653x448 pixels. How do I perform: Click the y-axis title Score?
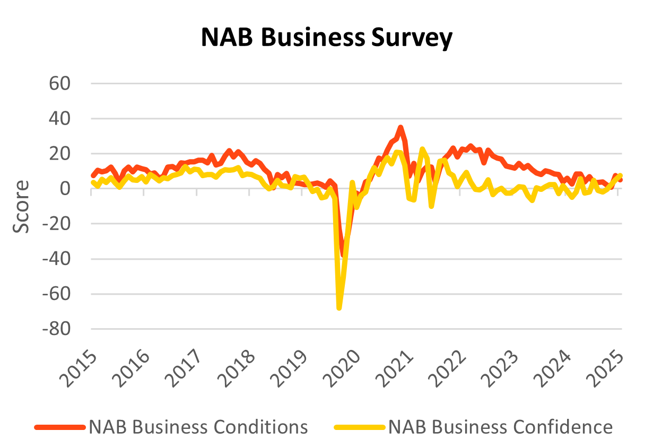pos(22,206)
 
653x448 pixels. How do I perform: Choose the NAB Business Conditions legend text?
pos(198,427)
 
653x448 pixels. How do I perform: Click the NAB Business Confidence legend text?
pos(500,427)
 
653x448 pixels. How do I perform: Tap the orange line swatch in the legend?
pos(59,427)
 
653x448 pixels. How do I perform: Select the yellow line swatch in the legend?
pos(359,427)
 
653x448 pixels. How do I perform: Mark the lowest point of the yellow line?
pos(339,308)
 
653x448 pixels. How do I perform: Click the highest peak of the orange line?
pos(400,127)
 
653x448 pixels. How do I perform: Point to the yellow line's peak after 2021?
pos(422,149)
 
